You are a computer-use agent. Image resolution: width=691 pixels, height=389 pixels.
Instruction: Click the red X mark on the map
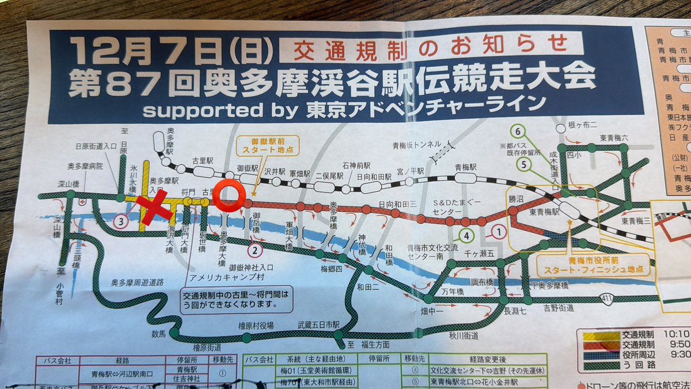(154, 206)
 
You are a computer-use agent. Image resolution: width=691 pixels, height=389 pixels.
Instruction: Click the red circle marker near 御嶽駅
(229, 195)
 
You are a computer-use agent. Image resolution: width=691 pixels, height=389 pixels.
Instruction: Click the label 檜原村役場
(256, 325)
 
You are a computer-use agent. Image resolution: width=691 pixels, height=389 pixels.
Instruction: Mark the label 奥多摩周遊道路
(138, 283)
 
